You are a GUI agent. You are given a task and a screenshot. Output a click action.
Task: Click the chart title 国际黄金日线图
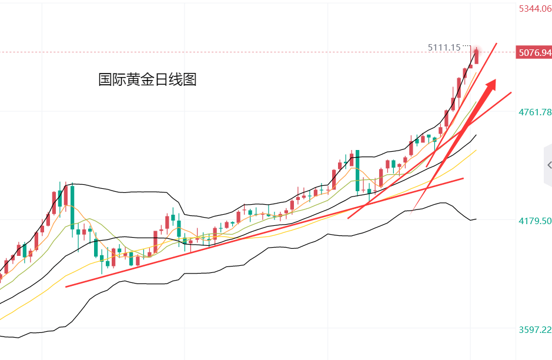147,79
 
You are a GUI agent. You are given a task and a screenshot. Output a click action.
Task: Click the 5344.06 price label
534,9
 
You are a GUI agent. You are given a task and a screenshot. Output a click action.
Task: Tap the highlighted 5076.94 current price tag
534,53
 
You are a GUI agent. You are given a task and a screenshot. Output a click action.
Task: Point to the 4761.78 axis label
534,112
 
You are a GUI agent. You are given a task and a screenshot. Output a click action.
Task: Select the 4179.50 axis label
534,221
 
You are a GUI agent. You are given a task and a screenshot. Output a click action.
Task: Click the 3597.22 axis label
534,329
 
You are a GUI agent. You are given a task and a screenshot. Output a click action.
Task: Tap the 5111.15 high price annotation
444,47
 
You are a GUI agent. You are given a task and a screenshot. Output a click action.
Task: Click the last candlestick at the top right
476,56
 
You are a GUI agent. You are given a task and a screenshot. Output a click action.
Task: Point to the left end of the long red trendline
66,286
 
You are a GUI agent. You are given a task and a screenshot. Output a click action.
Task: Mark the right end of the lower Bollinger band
476,219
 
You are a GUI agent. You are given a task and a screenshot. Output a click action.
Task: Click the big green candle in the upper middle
357,171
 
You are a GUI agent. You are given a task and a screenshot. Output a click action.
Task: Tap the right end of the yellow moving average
476,150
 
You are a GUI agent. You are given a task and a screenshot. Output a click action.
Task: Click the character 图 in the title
189,79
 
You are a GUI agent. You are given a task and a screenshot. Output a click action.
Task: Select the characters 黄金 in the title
139,79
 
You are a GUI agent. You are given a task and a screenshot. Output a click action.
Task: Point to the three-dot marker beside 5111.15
467,46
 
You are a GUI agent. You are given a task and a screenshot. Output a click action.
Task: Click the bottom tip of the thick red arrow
414,209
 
